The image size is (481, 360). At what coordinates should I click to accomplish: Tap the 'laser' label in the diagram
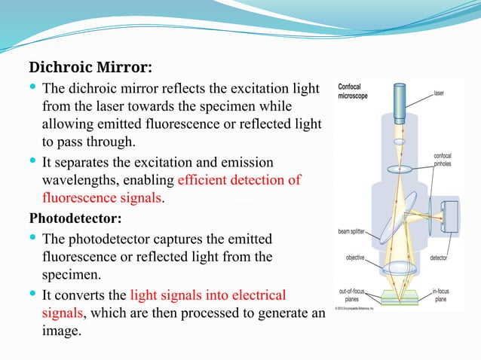click(439, 93)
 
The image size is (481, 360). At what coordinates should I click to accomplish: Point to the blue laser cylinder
click(398, 99)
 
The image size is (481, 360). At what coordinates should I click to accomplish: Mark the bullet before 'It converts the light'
click(32, 293)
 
